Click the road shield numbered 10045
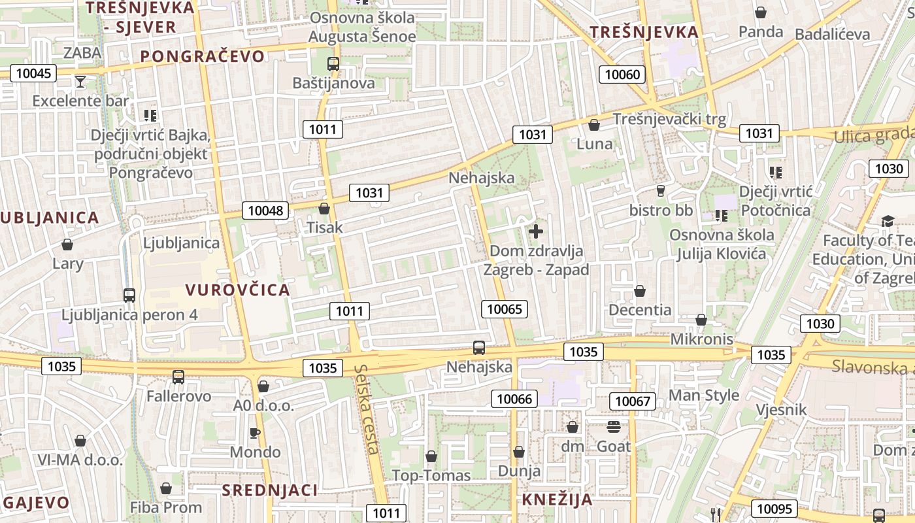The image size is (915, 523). click(33, 73)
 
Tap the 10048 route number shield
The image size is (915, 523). click(266, 211)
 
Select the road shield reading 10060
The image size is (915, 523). click(622, 75)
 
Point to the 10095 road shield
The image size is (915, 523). click(774, 509)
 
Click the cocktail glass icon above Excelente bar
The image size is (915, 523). click(80, 82)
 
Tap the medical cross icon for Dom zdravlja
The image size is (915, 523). click(536, 231)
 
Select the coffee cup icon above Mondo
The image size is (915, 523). click(255, 433)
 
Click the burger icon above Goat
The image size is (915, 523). click(614, 427)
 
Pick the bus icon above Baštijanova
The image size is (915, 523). click(333, 64)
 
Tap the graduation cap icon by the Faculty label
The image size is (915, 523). click(887, 221)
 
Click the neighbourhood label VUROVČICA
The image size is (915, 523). click(237, 290)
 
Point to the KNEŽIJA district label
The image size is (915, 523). click(557, 500)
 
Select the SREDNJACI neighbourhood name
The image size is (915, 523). click(269, 490)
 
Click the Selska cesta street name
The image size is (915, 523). click(367, 409)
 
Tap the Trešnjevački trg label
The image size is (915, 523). click(669, 119)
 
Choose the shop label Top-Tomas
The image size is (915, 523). click(431, 475)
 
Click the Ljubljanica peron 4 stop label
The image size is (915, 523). click(129, 314)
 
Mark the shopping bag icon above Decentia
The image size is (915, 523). click(640, 291)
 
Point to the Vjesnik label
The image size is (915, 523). click(780, 410)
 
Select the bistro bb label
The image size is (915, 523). click(661, 211)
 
